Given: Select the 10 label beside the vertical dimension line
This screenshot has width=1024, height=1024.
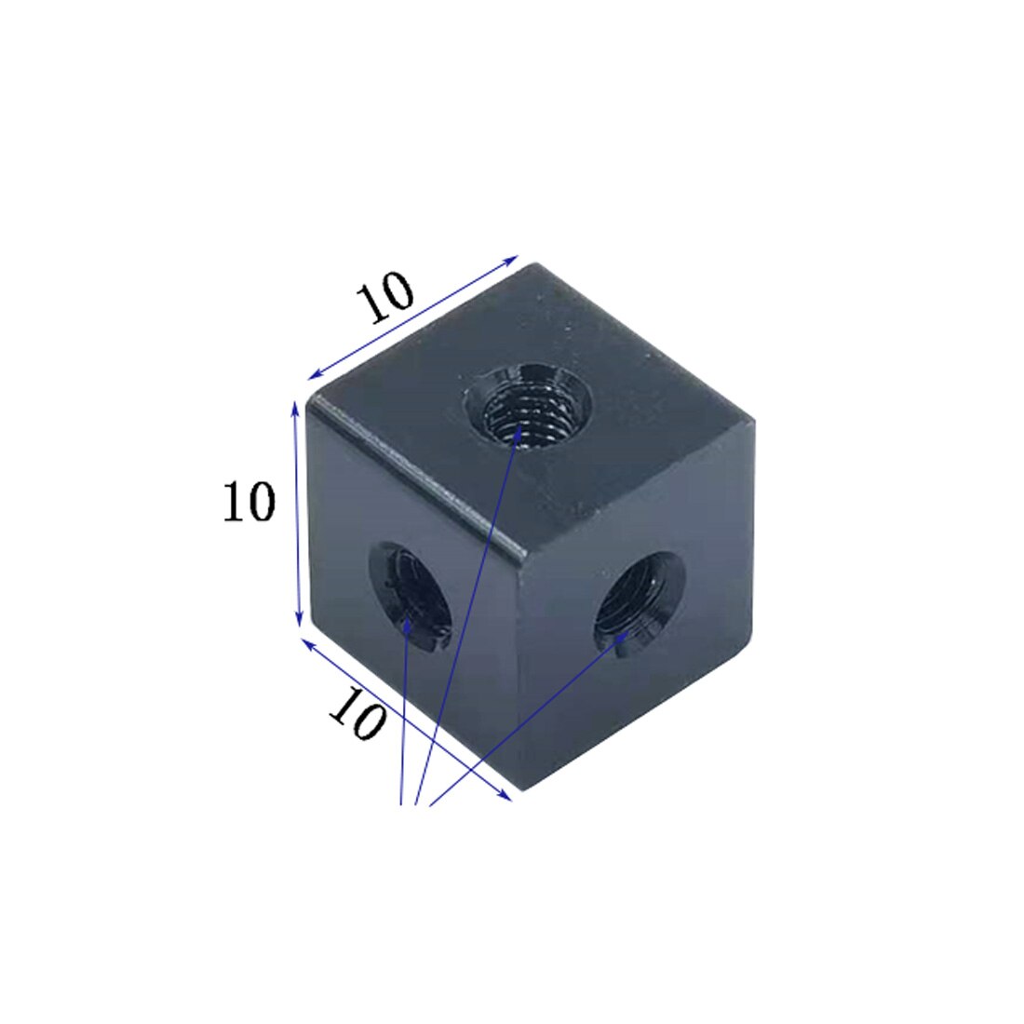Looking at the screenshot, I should click(x=249, y=503).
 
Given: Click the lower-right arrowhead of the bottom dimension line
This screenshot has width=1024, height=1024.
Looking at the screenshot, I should click(x=507, y=797).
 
